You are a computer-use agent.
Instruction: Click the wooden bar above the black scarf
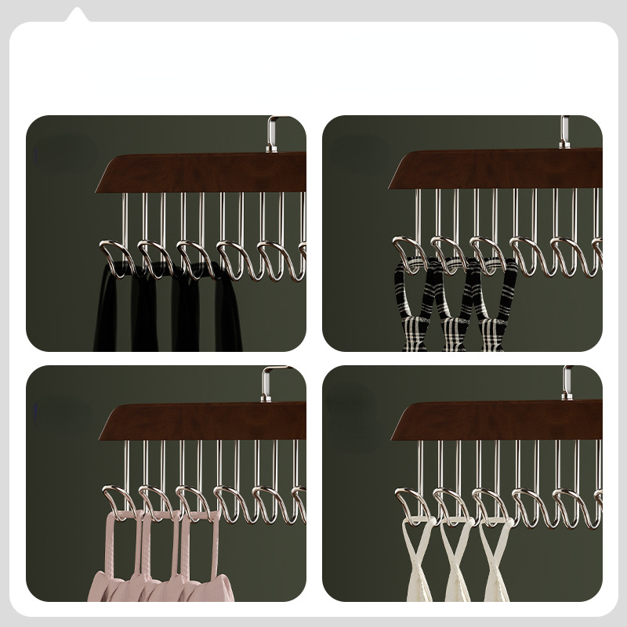click(204, 172)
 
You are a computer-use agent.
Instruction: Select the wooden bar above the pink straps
click(204, 422)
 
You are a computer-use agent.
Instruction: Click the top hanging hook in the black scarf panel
click(272, 133)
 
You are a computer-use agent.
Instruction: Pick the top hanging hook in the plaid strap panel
click(564, 132)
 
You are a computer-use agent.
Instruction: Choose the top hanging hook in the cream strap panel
click(566, 382)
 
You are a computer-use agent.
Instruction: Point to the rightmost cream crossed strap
click(496, 560)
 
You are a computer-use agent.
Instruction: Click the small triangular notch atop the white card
click(76, 15)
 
